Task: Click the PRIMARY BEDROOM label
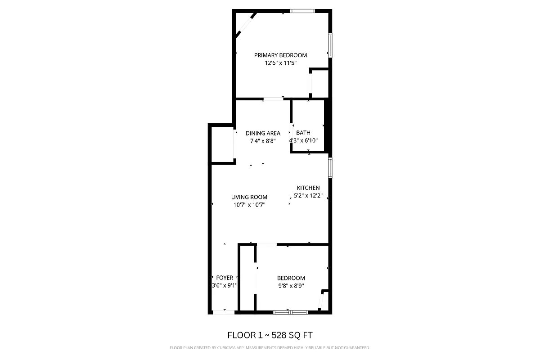point(280,55)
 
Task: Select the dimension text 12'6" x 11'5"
point(280,63)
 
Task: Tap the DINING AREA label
point(263,133)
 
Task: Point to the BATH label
point(303,133)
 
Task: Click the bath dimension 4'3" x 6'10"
point(304,140)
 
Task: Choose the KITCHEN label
point(308,188)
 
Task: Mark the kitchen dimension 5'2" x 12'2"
point(308,196)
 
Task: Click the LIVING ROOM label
point(249,197)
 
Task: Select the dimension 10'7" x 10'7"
point(249,205)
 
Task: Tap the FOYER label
point(225,278)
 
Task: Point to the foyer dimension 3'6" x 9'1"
point(225,285)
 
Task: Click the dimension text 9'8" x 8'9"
point(291,286)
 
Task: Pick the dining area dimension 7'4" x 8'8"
point(263,141)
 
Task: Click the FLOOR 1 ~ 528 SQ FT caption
point(270,335)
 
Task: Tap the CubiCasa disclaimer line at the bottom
point(270,348)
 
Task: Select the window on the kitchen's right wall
point(330,168)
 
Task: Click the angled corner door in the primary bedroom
point(246,25)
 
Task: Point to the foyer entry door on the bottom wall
point(224,312)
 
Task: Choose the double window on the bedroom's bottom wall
point(290,312)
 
